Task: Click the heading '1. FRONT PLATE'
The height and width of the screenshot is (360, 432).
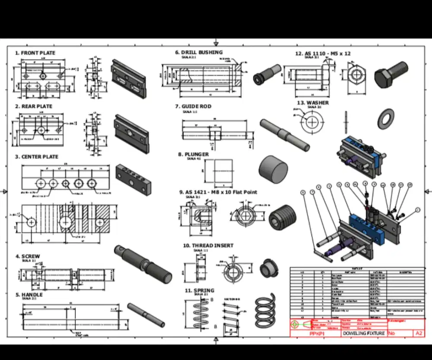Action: [35, 53]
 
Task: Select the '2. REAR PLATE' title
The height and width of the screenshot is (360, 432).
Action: [34, 106]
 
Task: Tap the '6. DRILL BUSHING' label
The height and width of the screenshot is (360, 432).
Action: [199, 52]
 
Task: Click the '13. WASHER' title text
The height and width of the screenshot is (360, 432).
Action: [313, 103]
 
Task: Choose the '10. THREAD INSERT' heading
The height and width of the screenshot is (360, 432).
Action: [208, 245]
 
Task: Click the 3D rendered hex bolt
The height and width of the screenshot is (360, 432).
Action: [391, 75]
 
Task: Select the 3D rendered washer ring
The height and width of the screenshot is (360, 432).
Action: [385, 119]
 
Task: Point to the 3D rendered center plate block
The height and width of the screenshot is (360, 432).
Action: [133, 179]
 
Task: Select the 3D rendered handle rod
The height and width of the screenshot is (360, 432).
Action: [146, 315]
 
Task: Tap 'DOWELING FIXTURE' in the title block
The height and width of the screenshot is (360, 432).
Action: [363, 333]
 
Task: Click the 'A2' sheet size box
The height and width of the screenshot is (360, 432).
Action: [419, 333]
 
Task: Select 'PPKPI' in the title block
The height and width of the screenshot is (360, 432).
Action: [316, 334]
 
